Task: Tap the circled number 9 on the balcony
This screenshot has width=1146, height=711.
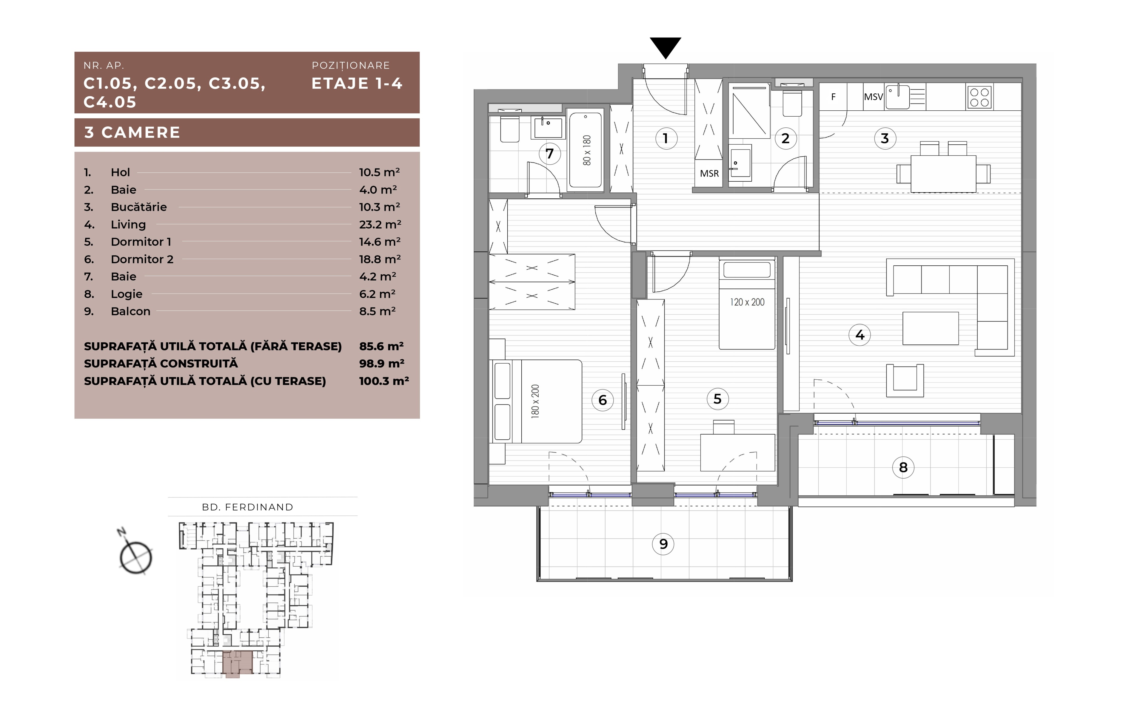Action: (663, 544)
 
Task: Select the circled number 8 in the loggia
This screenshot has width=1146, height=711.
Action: (903, 467)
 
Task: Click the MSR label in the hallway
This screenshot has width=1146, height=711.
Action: (709, 174)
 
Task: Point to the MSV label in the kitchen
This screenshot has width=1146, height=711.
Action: (873, 97)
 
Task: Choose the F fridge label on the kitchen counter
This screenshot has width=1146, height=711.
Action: (833, 97)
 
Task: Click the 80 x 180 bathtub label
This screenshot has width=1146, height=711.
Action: (586, 151)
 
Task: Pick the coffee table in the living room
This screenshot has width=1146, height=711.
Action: (931, 328)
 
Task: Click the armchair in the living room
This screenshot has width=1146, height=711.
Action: (905, 380)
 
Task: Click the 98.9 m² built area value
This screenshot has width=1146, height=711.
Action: (381, 364)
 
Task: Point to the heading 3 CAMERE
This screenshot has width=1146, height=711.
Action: (132, 132)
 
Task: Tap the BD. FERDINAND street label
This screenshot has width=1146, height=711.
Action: (247, 507)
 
